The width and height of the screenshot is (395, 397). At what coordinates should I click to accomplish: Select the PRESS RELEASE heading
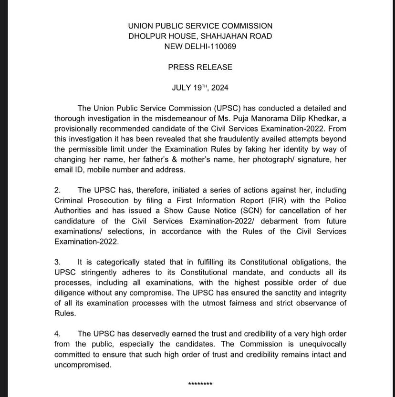tap(200, 67)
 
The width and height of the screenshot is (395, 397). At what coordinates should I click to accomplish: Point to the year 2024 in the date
tap(219, 88)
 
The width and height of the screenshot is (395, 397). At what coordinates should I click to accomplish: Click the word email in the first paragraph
tap(64, 170)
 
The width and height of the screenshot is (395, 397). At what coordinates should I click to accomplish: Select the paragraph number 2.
tap(57, 190)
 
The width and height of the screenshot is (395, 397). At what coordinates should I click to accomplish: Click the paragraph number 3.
tap(57, 262)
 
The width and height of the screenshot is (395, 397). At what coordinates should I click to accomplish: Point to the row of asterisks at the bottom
tap(200, 384)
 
